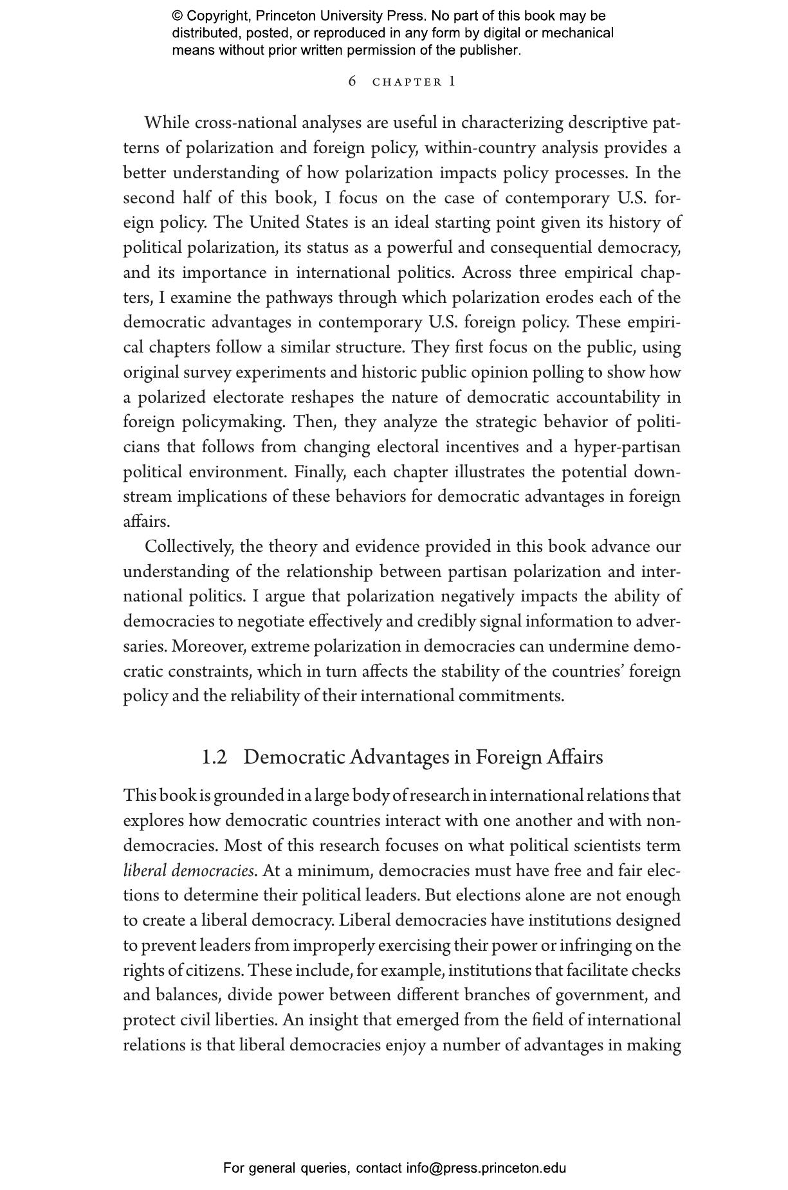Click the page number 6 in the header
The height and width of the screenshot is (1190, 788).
pyautogui.click(x=352, y=81)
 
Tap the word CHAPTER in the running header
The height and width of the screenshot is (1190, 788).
pyautogui.click(x=407, y=82)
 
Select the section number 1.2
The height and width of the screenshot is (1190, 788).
pyautogui.click(x=214, y=757)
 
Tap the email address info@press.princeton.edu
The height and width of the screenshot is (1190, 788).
pyautogui.click(x=486, y=1168)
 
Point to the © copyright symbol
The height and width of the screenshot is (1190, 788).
pyautogui.click(x=178, y=16)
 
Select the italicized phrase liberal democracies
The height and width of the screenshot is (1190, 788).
pyautogui.click(x=188, y=871)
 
